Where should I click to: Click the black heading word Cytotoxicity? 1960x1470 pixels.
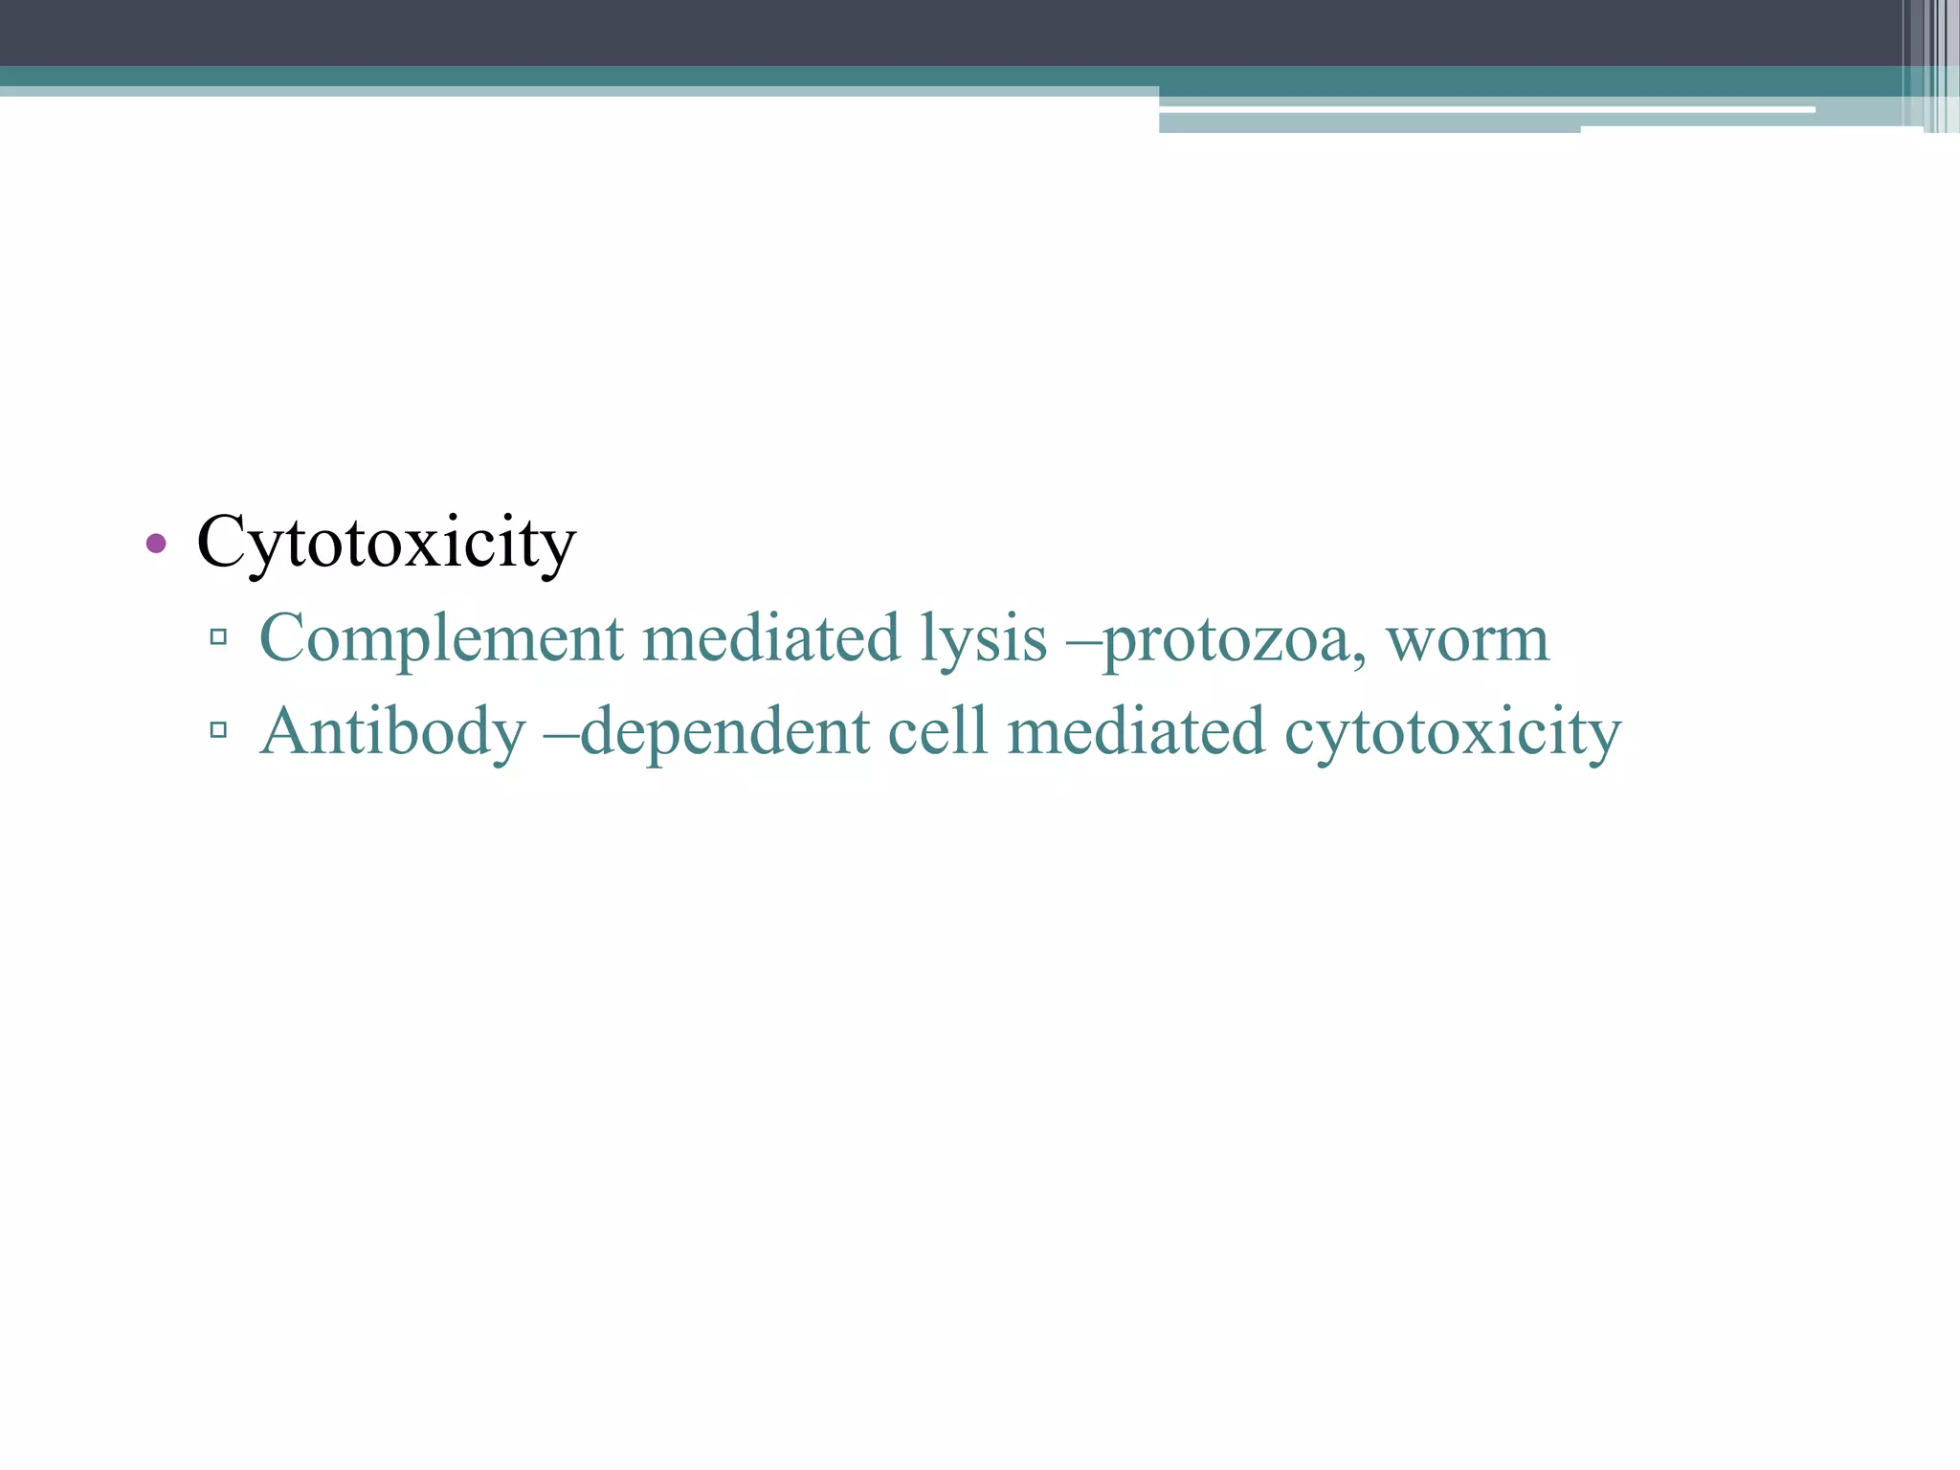tap(386, 543)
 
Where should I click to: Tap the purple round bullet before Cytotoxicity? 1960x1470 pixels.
tap(156, 545)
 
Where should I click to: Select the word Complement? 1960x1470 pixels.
tap(441, 638)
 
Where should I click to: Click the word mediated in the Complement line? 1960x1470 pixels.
tap(771, 638)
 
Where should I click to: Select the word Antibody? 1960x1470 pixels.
tap(392, 732)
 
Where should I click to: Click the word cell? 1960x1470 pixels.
tap(937, 732)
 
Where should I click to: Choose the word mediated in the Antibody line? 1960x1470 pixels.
tap(1136, 732)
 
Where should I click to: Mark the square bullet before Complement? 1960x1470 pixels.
tap(218, 636)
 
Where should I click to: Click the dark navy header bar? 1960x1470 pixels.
tap(861, 33)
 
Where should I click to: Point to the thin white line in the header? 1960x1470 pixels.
tap(1483, 110)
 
